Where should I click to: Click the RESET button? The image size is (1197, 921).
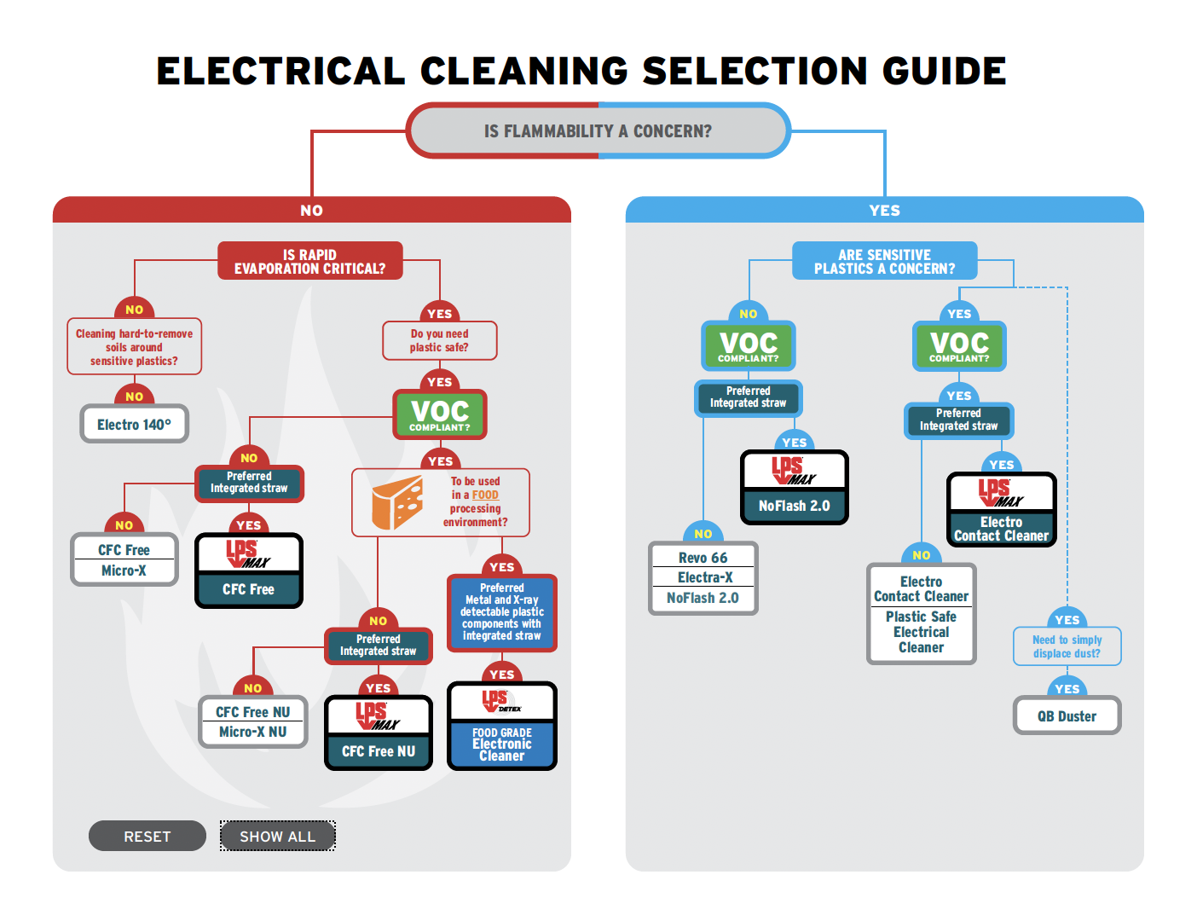coord(147,836)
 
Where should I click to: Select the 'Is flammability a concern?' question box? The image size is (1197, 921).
coord(598,130)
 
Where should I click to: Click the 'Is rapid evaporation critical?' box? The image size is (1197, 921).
coord(309,261)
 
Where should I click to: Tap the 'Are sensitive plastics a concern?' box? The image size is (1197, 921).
coord(884,261)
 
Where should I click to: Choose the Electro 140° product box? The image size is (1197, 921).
coord(134,424)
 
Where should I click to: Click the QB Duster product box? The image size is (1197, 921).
coord(1067,715)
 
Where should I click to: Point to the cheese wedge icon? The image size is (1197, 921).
coord(397,503)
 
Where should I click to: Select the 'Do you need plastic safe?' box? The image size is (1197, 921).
coord(439,340)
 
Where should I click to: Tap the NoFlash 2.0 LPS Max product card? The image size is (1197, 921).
coord(794,487)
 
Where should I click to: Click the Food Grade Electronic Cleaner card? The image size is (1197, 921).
coord(501,726)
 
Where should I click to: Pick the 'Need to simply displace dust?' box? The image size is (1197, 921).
coord(1067,646)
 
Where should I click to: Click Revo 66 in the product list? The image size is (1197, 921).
coord(703,558)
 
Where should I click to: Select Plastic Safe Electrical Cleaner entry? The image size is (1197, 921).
coord(921,632)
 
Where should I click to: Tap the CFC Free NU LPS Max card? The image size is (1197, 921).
coord(378,733)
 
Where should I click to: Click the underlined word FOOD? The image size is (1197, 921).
coord(485,495)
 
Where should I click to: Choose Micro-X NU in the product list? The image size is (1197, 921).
coord(252,732)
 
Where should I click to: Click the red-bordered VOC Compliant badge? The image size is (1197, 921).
coord(439,414)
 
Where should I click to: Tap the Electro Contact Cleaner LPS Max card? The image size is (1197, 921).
coord(1001,509)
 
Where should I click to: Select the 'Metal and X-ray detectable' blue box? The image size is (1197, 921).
coord(501,612)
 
